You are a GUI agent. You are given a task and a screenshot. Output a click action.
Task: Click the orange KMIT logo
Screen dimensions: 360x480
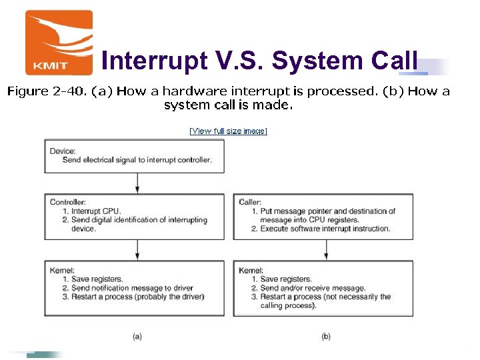[59, 42]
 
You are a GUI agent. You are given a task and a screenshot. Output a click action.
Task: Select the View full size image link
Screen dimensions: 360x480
[228, 131]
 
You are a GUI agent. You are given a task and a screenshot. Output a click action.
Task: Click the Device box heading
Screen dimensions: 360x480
[63, 151]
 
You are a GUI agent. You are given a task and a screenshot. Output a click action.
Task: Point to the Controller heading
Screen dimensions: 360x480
[67, 202]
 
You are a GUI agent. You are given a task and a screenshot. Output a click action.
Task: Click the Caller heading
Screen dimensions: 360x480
[250, 202]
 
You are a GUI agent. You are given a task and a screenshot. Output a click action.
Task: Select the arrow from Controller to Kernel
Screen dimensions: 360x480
[138, 249]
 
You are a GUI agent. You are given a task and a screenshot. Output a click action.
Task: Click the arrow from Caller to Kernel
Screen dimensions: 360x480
[326, 249]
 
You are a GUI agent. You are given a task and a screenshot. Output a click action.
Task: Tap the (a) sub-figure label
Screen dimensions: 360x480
[137, 337]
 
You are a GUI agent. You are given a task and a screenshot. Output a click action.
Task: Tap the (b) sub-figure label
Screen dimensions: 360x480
[326, 337]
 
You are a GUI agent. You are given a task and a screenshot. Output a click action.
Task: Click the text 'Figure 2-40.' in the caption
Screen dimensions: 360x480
[38, 92]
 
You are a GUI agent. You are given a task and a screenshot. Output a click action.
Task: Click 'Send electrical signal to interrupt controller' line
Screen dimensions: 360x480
[137, 160]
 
